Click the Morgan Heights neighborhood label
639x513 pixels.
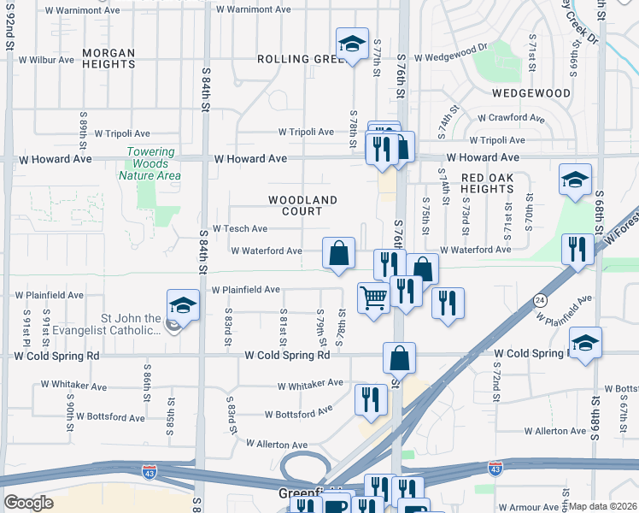[108, 58]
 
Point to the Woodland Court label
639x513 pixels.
[302, 205]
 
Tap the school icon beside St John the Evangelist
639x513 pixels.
[182, 304]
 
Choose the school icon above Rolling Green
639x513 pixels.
[351, 44]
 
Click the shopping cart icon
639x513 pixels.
[373, 299]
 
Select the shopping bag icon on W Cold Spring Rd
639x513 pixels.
[399, 357]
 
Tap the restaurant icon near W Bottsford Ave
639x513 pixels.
[371, 399]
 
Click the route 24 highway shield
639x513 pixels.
[540, 300]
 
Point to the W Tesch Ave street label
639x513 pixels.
[240, 229]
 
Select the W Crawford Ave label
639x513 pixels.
[511, 118]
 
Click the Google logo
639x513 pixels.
[28, 503]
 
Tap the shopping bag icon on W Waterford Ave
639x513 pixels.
[338, 253]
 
